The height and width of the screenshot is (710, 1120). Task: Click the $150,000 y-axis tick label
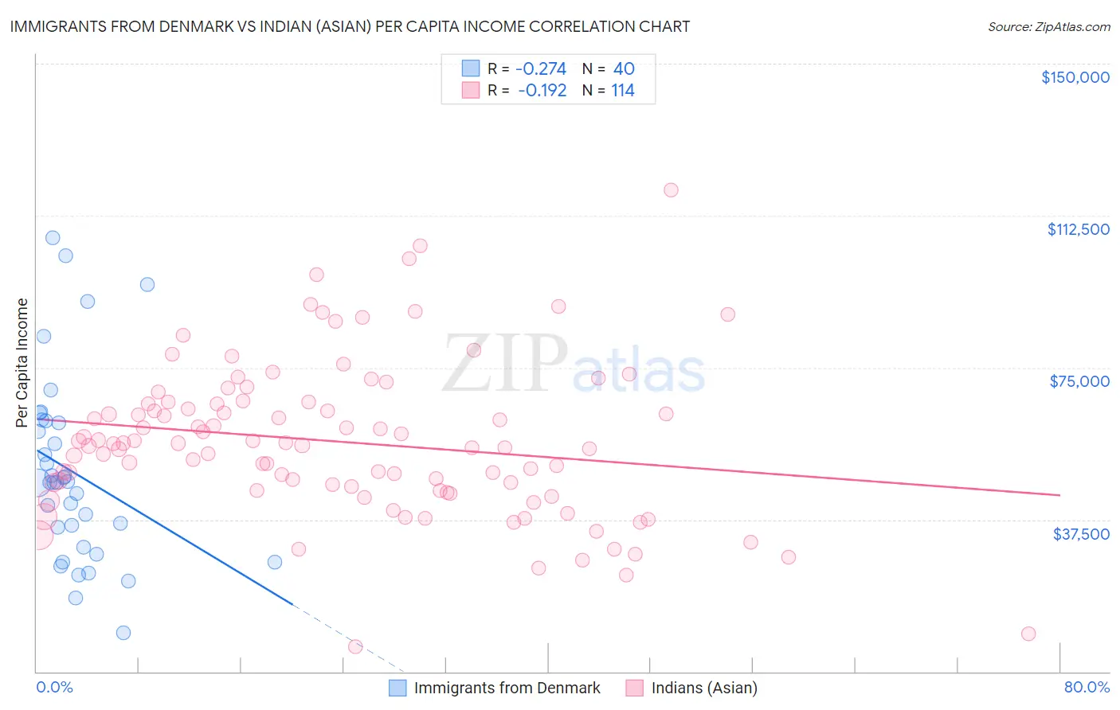click(1075, 77)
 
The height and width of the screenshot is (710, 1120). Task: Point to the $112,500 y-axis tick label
click(1078, 229)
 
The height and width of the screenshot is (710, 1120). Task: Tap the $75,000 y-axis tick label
click(1079, 381)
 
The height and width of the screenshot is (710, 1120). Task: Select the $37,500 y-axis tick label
click(1081, 534)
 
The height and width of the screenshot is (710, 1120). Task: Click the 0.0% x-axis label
click(54, 687)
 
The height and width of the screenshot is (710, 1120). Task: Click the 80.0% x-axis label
click(1087, 687)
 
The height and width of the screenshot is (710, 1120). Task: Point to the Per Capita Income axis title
click(22, 363)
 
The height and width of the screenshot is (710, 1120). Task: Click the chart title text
click(350, 26)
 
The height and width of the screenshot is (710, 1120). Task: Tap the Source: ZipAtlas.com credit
click(1048, 26)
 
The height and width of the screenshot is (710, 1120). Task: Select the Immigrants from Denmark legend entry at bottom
click(507, 688)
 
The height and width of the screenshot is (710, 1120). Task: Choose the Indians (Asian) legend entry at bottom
click(703, 688)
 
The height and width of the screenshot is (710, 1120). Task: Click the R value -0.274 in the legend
click(542, 69)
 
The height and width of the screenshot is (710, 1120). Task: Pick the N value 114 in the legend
click(623, 91)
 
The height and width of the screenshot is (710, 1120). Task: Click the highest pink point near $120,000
click(671, 189)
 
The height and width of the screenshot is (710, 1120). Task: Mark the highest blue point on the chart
click(53, 237)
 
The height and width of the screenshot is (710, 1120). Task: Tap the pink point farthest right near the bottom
click(1028, 634)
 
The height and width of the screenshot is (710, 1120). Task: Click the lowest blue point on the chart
click(123, 633)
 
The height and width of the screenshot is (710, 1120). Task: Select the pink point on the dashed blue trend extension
click(355, 646)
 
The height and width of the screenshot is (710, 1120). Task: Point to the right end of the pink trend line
click(1059, 495)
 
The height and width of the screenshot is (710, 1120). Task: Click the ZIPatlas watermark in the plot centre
click(574, 365)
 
